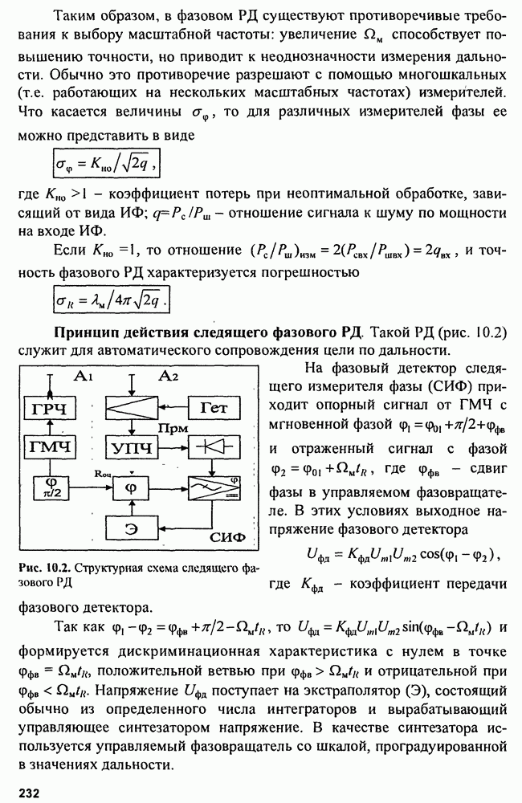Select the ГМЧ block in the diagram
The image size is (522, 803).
point(47,446)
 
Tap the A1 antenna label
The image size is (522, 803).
point(82,377)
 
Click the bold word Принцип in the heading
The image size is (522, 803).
point(87,332)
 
